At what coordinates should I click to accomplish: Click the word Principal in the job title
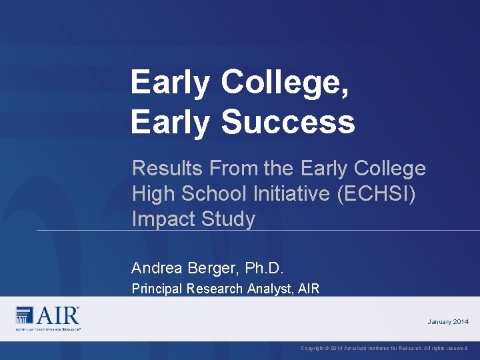(x=157, y=289)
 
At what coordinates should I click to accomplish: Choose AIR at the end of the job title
(x=309, y=289)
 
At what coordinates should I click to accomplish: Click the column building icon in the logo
(x=25, y=315)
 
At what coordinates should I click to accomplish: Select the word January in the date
(x=439, y=322)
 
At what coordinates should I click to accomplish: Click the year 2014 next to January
(x=461, y=322)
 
